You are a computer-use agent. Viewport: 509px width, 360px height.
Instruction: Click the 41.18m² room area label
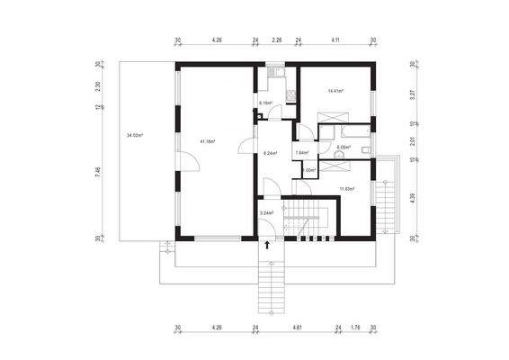pos(209,140)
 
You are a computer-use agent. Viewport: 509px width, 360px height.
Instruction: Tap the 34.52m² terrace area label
pos(136,135)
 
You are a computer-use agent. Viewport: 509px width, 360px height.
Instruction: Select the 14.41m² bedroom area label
pos(336,91)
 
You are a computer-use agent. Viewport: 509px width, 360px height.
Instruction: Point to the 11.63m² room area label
pos(346,188)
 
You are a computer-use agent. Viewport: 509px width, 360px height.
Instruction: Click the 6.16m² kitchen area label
pos(266,103)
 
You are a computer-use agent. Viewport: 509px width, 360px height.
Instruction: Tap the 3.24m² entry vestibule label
pos(266,212)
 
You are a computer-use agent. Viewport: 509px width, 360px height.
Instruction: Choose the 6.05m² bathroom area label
pos(343,148)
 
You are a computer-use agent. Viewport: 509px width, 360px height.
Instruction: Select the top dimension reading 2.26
pos(277,40)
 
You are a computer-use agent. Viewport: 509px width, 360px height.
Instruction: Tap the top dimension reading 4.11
pos(335,40)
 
